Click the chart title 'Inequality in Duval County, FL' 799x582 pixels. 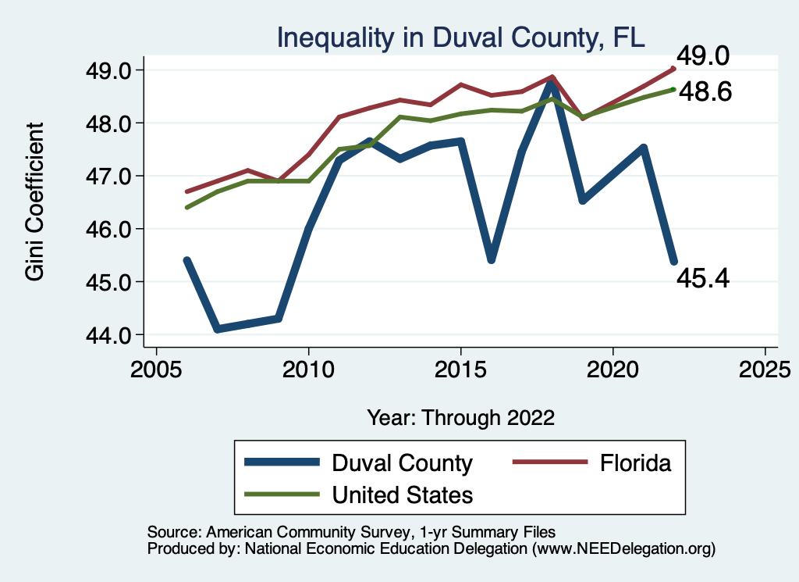tap(460, 37)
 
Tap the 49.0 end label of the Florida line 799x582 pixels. tap(702, 56)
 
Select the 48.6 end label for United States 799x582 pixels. tap(705, 92)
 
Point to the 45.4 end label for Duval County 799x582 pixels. tap(702, 277)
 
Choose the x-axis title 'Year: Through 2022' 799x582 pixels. tap(460, 417)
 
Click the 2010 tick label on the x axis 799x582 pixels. tap(308, 369)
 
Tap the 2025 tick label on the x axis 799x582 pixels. tap(765, 369)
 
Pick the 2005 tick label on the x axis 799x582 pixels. tap(156, 369)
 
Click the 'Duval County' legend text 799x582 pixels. tap(402, 463)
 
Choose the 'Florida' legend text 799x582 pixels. tap(635, 463)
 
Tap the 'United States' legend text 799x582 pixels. tap(402, 495)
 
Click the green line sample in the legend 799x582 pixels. tap(282, 495)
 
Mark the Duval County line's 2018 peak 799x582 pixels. tap(552, 81)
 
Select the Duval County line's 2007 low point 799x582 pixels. tap(217, 329)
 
